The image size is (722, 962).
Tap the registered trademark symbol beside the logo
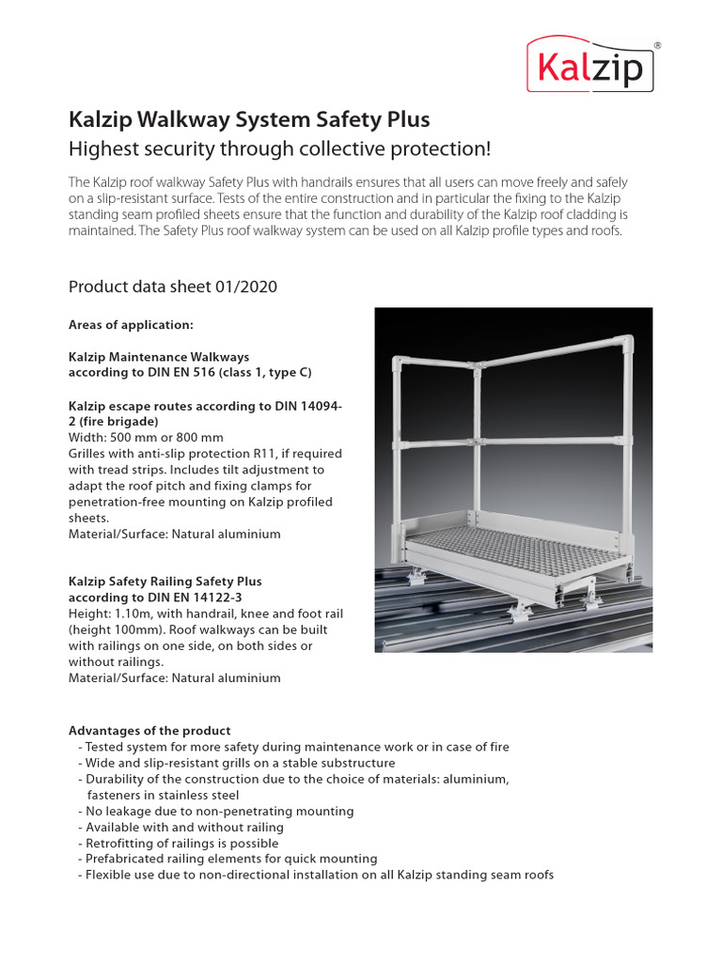point(656,44)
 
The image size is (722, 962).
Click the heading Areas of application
point(131,325)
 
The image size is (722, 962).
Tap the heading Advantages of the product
point(149,730)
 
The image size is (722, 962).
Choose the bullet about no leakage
point(219,811)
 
